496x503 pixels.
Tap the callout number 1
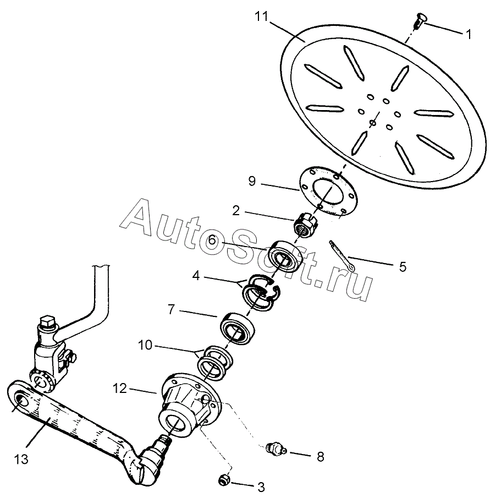pyautogui.click(x=469, y=34)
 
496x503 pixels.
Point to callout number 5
pyautogui.click(x=403, y=267)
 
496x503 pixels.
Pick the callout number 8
pyautogui.click(x=320, y=456)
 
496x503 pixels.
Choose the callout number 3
pyautogui.click(x=261, y=486)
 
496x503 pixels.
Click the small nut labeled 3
pyautogui.click(x=224, y=480)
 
